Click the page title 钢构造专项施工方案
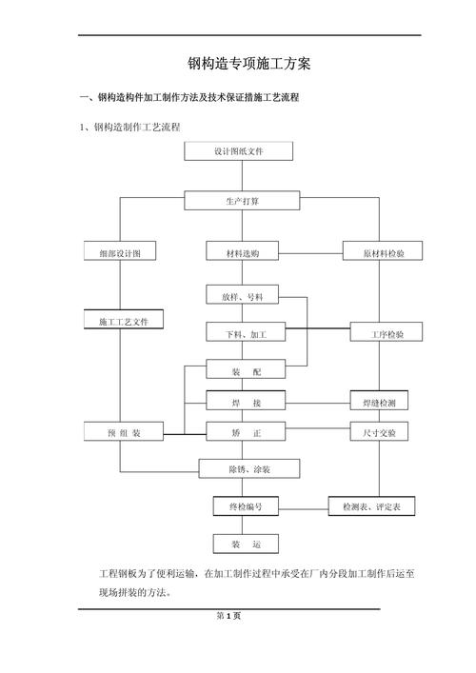tap(249, 65)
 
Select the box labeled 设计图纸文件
tap(239, 151)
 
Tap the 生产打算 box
tap(242, 201)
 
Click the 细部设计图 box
tap(119, 252)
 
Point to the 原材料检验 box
tap(383, 252)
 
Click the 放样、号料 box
tap(242, 296)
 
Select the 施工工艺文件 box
tap(124, 321)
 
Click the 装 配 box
tap(243, 369)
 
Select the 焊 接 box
tap(244, 403)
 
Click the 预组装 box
tap(124, 432)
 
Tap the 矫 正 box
tap(244, 432)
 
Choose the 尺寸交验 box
tap(379, 432)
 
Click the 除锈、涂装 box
tap(248, 468)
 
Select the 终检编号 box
tap(246, 507)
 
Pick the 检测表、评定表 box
tap(371, 507)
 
